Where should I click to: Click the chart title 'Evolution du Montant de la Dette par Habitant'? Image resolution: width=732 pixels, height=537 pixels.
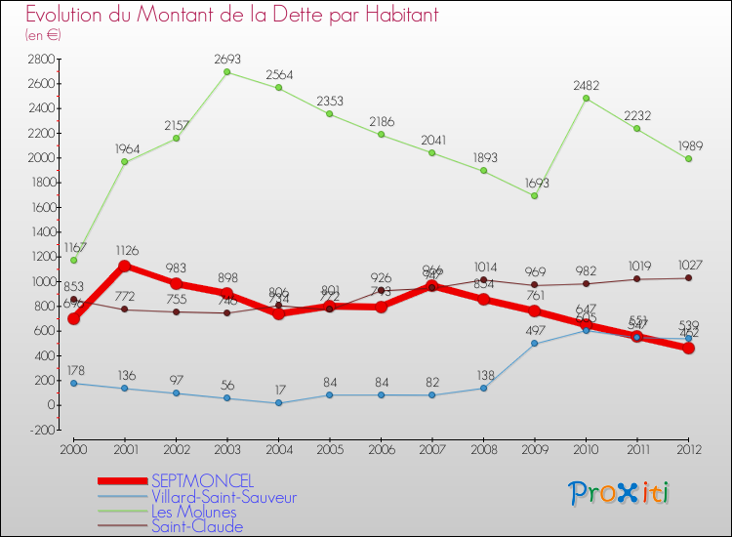point(231,15)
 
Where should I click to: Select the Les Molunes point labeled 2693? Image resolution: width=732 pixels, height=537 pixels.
point(226,72)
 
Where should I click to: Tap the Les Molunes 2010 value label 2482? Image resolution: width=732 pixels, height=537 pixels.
point(587,85)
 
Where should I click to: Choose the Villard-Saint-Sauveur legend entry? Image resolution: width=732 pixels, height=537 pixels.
point(224,497)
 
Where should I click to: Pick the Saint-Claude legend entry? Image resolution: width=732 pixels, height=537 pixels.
point(196,527)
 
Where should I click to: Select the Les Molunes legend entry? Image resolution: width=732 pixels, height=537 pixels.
point(193,512)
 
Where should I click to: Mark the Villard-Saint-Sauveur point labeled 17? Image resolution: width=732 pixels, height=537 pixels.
point(278,403)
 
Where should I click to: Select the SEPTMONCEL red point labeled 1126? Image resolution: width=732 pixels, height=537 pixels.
point(125,266)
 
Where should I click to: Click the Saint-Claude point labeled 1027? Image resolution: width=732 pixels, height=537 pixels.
point(688,278)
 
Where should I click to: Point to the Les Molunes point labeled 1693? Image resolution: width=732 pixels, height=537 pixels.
point(535,195)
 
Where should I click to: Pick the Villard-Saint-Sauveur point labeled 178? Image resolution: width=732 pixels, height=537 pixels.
point(74,383)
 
